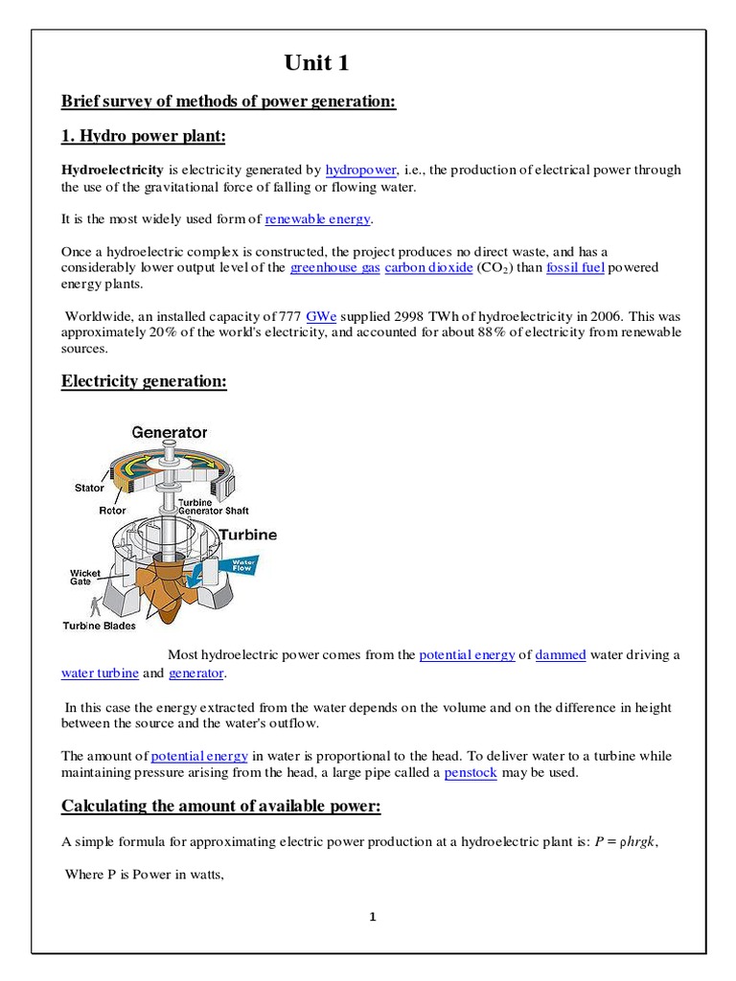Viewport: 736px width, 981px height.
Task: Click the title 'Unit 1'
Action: tap(317, 64)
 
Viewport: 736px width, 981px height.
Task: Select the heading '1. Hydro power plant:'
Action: tap(144, 137)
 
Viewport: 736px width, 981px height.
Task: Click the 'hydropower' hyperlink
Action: tap(360, 170)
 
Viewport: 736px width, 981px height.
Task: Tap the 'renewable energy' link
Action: tap(317, 219)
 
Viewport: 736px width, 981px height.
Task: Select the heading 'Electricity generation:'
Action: tap(145, 381)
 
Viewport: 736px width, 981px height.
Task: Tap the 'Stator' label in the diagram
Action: tap(89, 488)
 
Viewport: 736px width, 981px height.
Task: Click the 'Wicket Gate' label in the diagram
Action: tap(85, 577)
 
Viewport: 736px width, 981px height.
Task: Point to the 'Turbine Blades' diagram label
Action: tap(100, 626)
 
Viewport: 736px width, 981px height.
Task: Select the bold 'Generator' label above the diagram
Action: tap(169, 433)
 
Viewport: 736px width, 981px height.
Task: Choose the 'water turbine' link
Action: tap(101, 673)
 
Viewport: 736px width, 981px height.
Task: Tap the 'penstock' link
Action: tap(471, 772)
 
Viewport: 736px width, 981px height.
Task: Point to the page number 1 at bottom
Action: tap(373, 917)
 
